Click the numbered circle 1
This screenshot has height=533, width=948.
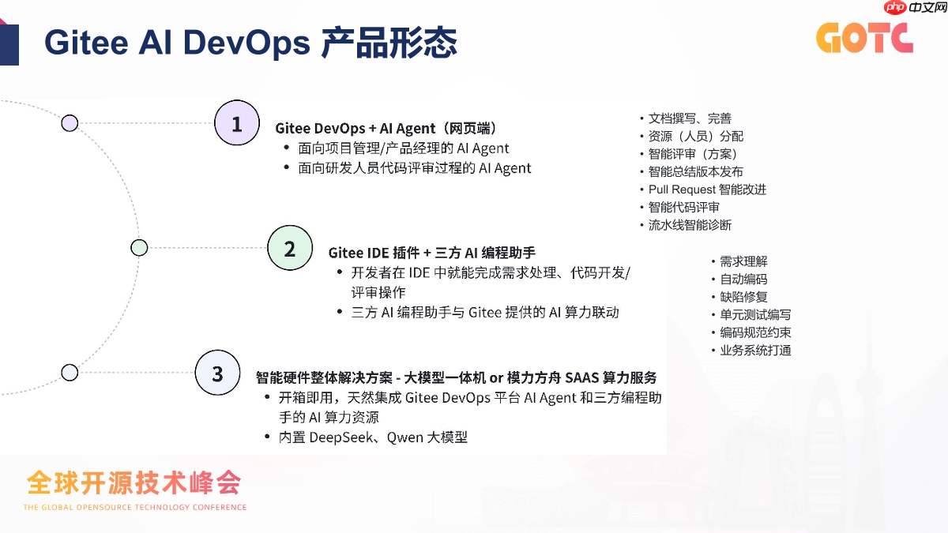point(237,123)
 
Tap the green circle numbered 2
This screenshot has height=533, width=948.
point(290,248)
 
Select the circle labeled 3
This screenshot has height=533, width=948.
point(217,373)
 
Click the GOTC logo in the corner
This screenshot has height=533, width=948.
point(864,37)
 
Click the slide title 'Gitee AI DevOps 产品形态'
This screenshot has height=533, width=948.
point(250,43)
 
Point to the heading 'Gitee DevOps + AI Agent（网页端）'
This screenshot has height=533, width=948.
point(386,128)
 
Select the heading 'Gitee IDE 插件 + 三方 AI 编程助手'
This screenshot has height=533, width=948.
point(432,253)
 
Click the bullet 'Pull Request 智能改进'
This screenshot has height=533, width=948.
point(707,190)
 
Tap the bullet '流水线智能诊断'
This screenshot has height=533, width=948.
point(690,225)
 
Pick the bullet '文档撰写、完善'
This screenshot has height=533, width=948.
point(690,118)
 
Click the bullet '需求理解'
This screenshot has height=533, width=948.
point(743,261)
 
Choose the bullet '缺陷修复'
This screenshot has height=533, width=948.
point(743,297)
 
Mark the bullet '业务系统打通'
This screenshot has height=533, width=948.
point(755,350)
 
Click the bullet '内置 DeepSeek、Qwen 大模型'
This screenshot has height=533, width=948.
point(373,437)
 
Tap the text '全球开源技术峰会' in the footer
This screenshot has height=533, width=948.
point(134,482)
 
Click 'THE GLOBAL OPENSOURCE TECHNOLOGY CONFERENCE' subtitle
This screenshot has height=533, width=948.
point(135,507)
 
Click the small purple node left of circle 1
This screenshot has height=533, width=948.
point(70,123)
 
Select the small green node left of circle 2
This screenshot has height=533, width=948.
point(139,248)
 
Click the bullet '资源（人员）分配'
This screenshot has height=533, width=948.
point(695,137)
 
